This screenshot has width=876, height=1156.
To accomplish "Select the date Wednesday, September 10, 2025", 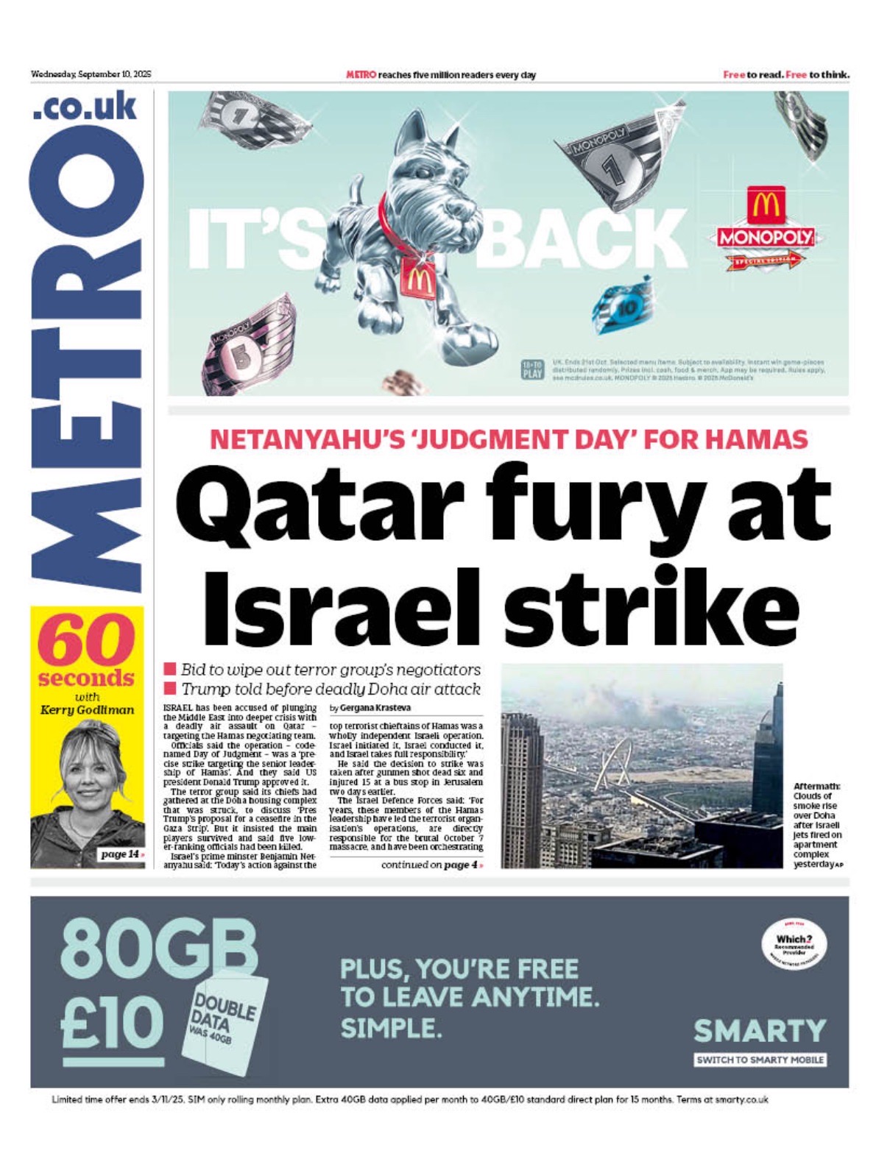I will click(x=91, y=74).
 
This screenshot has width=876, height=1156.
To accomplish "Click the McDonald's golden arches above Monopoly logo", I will click(x=766, y=205).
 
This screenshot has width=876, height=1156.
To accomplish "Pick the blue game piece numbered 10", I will click(x=623, y=305).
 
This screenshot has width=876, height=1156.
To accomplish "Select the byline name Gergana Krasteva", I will click(x=375, y=708).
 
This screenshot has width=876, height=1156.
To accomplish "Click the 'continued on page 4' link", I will click(x=432, y=865).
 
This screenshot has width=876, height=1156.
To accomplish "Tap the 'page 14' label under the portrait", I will click(x=121, y=854).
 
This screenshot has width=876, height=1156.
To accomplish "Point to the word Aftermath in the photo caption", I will click(x=816, y=787).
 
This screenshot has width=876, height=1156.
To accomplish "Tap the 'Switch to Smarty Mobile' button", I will click(x=760, y=1060).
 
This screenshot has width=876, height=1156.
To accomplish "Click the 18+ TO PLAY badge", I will click(x=531, y=369).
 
